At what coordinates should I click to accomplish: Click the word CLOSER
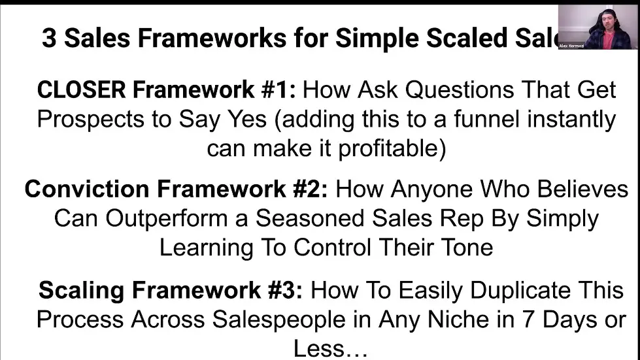[81, 90]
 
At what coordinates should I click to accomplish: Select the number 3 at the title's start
[49, 39]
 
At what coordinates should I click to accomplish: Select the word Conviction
[90, 189]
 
